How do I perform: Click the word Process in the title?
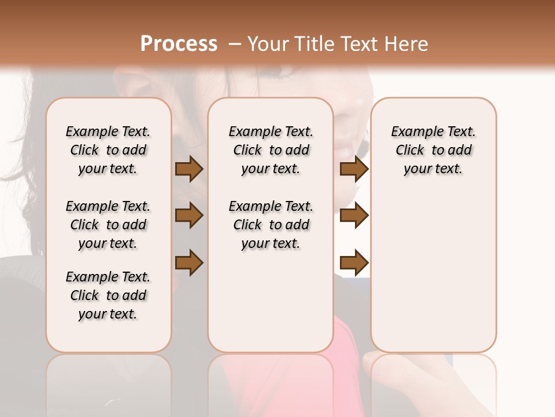(179, 44)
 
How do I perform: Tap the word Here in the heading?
(408, 44)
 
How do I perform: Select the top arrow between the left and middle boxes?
(189, 169)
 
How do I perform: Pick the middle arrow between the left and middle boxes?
(189, 216)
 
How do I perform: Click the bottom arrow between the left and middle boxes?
(189, 263)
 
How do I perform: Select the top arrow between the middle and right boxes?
(354, 169)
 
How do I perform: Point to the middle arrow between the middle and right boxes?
(354, 216)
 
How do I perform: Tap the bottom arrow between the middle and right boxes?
(354, 263)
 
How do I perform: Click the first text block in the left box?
(108, 150)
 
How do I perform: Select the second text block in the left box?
(108, 225)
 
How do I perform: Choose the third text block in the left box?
(108, 295)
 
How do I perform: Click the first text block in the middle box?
(271, 150)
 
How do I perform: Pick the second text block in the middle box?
(271, 225)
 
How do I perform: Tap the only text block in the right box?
(434, 150)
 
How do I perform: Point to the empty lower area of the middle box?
(271, 301)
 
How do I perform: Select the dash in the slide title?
(234, 44)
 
